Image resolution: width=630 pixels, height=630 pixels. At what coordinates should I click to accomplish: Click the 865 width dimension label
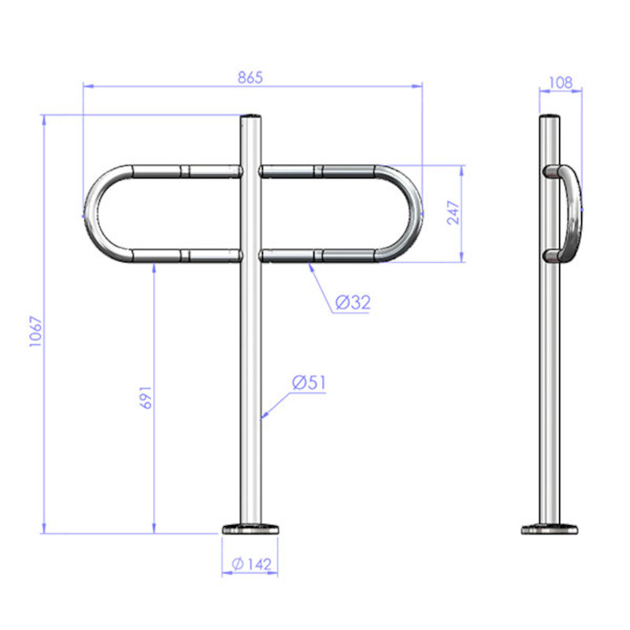[250, 77]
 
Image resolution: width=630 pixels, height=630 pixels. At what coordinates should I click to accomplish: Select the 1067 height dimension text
[35, 331]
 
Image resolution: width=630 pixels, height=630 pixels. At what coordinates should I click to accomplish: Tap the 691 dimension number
[146, 398]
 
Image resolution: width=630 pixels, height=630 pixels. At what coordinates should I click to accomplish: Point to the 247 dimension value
[453, 213]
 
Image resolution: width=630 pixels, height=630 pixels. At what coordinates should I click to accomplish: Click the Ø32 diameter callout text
[353, 302]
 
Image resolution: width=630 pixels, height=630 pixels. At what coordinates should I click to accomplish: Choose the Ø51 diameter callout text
[309, 383]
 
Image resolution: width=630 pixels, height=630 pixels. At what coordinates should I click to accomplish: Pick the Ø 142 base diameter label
[252, 564]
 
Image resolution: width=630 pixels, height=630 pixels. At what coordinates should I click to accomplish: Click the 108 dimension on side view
[560, 83]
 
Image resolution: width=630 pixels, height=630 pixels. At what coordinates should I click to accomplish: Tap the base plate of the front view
[250, 528]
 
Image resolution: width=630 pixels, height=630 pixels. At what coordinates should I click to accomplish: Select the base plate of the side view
[549, 529]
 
